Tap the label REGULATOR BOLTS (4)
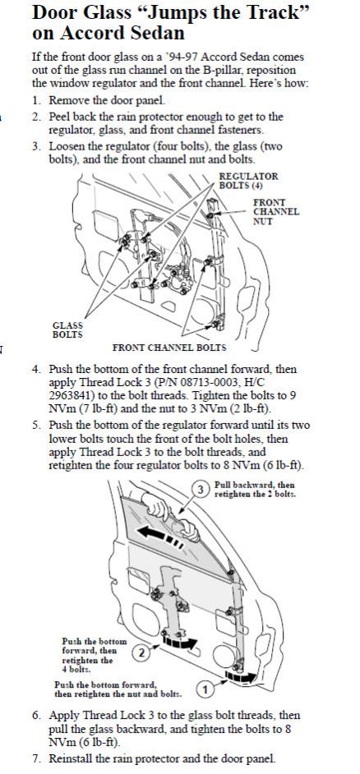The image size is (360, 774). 248,181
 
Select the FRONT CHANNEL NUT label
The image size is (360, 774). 276,212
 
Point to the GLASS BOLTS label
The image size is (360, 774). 67,329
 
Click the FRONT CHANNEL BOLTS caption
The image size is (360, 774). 168,348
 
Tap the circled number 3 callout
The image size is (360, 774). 201,490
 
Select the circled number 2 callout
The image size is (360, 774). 141,653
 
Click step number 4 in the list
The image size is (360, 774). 36,369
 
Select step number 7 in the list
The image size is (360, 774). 36,758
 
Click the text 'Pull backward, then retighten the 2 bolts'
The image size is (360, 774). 255,490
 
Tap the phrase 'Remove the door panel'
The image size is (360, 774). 107,100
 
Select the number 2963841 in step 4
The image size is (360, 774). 68,395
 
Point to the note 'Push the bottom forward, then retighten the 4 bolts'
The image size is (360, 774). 94,655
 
